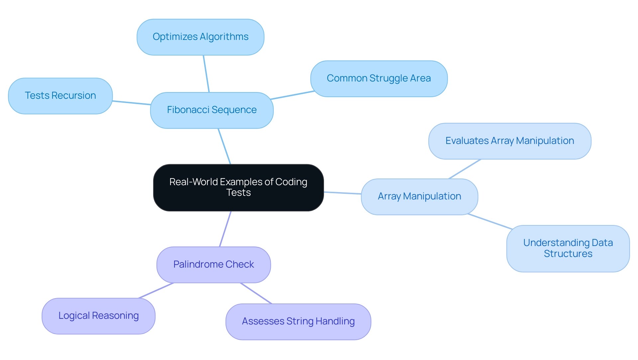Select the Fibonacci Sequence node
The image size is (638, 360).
coord(212,110)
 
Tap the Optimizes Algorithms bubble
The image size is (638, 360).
coord(200,37)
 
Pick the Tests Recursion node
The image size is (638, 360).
coord(60,96)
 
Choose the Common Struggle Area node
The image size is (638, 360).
coord(379,78)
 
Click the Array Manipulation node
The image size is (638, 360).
coord(419,196)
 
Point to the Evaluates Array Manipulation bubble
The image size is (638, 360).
coord(510,141)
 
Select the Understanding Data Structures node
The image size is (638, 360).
coord(568,248)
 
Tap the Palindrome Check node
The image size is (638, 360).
coord(213,265)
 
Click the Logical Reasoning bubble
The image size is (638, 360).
coord(98,316)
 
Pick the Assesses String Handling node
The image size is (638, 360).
coord(298,321)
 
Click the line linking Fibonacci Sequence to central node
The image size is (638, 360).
coord(224,146)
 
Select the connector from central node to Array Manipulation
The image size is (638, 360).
coord(342,193)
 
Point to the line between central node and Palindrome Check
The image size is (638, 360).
coord(225,229)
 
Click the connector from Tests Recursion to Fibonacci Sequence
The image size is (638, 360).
coord(131,103)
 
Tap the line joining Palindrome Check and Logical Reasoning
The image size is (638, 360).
coord(156,291)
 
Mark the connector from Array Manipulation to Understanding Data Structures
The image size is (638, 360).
coord(490,221)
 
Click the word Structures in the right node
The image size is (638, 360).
coord(568,254)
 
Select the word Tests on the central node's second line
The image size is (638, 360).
coord(238,193)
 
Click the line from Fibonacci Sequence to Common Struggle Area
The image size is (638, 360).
coord(292,95)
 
